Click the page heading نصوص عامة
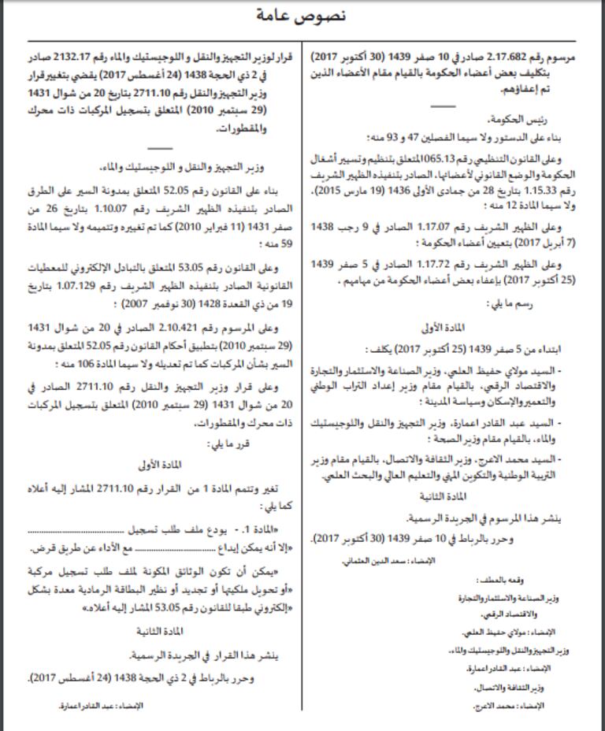click(x=302, y=14)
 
